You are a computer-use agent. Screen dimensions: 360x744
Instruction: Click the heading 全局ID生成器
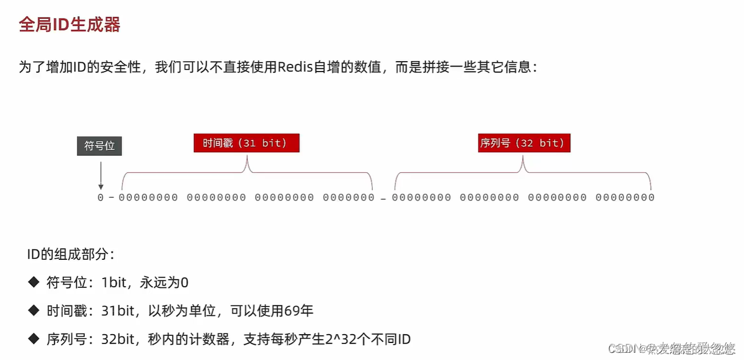pos(69,25)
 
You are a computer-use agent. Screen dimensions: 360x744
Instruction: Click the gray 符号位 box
pos(99,146)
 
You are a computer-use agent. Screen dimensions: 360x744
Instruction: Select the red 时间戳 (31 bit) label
pos(246,143)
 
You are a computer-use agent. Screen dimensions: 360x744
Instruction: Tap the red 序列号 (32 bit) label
pos(524,143)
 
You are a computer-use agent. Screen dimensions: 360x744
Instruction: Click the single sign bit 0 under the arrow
pos(101,198)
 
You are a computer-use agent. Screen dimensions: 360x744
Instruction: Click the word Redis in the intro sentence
pos(297,67)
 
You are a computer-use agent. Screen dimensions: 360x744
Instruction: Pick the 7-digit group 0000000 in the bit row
pos(349,198)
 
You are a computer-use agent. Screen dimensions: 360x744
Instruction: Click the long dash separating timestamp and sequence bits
pos(383,199)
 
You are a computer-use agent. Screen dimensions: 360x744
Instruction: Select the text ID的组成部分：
pos(70,254)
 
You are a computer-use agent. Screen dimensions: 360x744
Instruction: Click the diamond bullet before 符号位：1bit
pos(32,283)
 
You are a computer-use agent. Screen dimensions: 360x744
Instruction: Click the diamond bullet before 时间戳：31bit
pos(32,311)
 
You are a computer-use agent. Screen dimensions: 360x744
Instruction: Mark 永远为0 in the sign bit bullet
pos(164,283)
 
